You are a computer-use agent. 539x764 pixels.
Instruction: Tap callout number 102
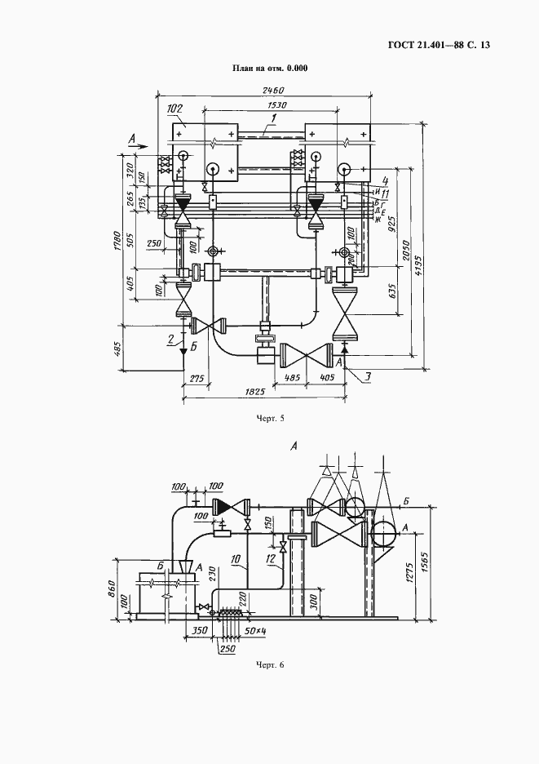(174, 109)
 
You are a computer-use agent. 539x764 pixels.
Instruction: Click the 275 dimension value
(195, 379)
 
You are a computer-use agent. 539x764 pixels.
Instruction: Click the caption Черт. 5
(270, 419)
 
